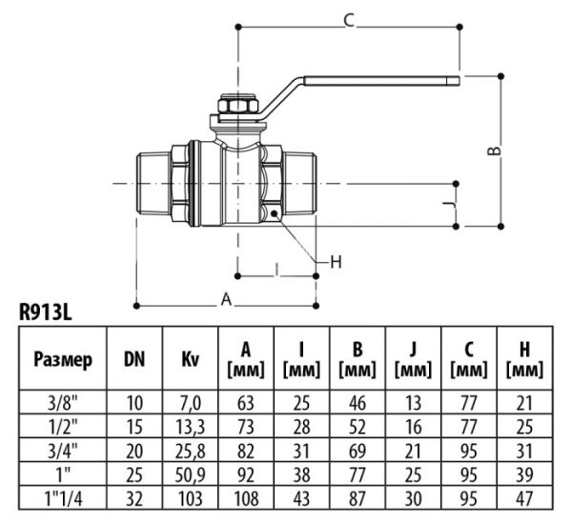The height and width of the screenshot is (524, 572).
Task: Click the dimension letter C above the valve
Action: point(349,20)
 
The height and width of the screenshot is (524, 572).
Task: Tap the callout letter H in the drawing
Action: point(335,261)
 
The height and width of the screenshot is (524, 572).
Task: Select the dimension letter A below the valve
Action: point(227,298)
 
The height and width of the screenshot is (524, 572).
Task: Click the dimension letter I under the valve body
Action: point(276,270)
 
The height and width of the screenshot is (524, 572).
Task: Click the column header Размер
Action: point(63,360)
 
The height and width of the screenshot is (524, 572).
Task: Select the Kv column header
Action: point(191,360)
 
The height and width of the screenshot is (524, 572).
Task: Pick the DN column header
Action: point(135,360)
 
